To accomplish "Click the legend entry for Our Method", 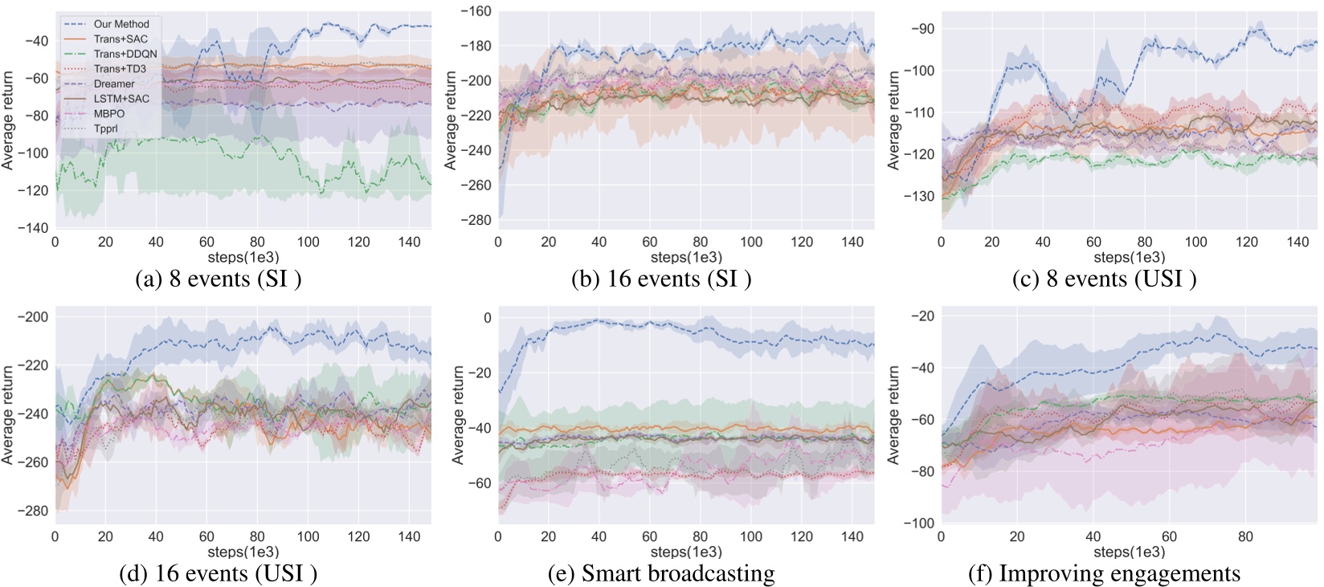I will click(121, 24).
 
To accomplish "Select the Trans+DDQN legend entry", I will click(125, 54).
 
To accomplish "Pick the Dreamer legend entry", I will click(114, 84).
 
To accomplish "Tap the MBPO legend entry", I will click(109, 113).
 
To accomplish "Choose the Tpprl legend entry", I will click(105, 128).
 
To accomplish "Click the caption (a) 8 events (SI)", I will click(219, 279).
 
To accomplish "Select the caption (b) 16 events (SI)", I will click(661, 279).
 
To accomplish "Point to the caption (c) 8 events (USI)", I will click(1104, 279).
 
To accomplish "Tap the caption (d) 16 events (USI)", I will click(218, 573).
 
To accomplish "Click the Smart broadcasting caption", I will click(661, 573).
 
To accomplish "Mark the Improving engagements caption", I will click(1104, 573).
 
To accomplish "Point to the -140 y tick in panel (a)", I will click(33, 228).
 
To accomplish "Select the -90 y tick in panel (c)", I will click(923, 29).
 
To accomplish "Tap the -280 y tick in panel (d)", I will click(33, 511).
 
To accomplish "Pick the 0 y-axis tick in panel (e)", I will click(487, 318).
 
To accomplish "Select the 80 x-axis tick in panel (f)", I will click(1245, 536).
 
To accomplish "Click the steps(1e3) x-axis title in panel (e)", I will click(686, 552).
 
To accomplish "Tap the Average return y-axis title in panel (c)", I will click(893, 120).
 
